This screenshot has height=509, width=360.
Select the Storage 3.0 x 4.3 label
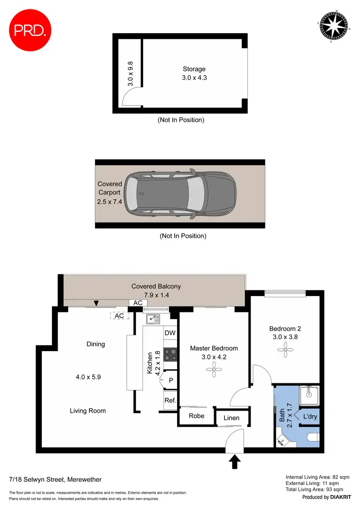pos(194,73)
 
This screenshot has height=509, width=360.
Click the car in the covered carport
pos(180,195)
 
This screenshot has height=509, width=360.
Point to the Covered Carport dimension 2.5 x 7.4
pos(110,202)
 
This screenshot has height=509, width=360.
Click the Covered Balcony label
pos(156,286)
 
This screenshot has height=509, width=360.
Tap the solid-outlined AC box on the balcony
pos(138,303)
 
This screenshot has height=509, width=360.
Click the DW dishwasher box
pos(170,333)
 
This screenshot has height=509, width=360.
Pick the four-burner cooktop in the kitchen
pos(170,355)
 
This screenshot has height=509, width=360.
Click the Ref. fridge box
pos(170,400)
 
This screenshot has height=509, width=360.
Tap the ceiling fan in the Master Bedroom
pos(211,368)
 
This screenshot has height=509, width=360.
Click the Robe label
pos(196,416)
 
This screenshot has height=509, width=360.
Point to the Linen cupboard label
pos(231,418)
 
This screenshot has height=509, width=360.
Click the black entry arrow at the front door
pos(234,462)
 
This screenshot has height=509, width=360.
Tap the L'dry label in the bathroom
pos(309,417)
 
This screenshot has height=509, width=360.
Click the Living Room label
pos(87,411)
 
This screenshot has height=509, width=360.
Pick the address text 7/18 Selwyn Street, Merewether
pos(55,479)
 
